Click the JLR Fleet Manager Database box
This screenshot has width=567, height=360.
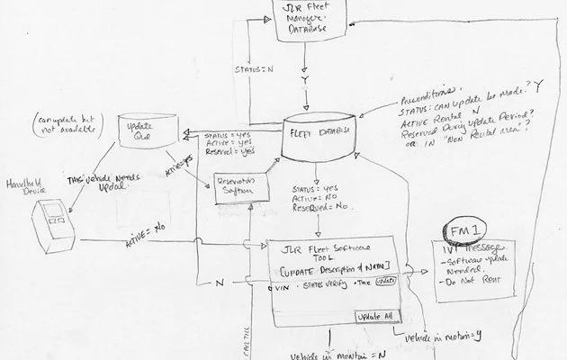[x=303, y=20]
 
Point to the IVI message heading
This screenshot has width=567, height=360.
[x=475, y=247]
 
